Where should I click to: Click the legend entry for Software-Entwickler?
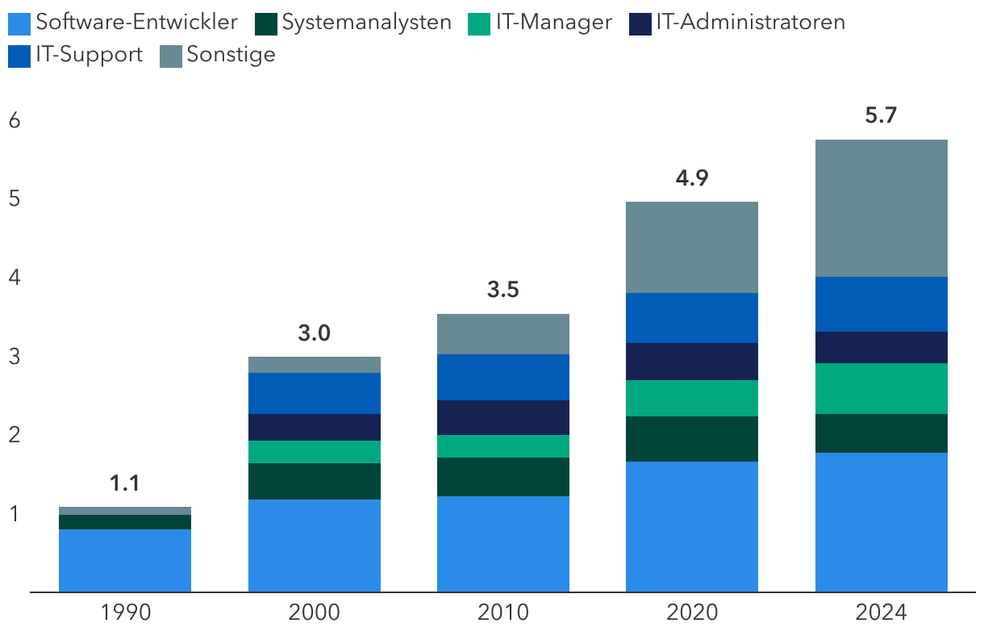point(123,23)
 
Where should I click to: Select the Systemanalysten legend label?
point(353,23)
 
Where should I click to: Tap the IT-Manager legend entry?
point(540,23)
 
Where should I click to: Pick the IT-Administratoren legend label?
point(737,23)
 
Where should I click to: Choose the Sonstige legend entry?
point(218,56)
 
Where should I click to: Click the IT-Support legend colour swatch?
point(19,56)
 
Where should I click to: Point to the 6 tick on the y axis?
point(15,120)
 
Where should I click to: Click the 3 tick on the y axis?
point(15,357)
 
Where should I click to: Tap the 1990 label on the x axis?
point(126,613)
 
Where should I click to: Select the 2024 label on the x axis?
point(882,613)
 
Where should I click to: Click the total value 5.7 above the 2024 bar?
point(881,115)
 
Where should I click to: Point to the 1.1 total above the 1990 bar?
point(125,483)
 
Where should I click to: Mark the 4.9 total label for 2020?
point(692,178)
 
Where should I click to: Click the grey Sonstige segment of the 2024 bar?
point(882,208)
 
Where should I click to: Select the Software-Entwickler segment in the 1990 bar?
point(125,561)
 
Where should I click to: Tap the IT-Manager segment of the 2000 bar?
point(315,452)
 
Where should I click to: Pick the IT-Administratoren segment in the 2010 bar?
point(503,417)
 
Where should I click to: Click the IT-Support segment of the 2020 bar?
point(692,318)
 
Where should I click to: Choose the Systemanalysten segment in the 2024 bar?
point(882,433)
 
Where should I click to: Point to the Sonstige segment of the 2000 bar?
point(315,365)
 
